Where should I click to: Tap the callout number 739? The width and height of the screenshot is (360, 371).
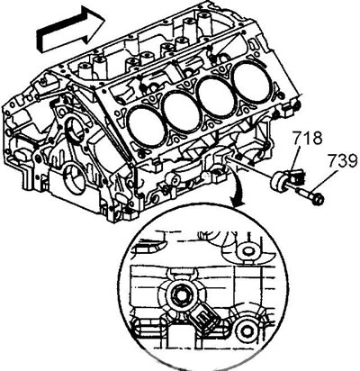[342, 162]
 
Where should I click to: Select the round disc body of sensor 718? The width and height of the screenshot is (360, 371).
[279, 182]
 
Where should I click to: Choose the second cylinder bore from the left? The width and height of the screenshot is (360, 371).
[181, 110]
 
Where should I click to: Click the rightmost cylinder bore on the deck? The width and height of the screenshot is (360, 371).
[251, 78]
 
